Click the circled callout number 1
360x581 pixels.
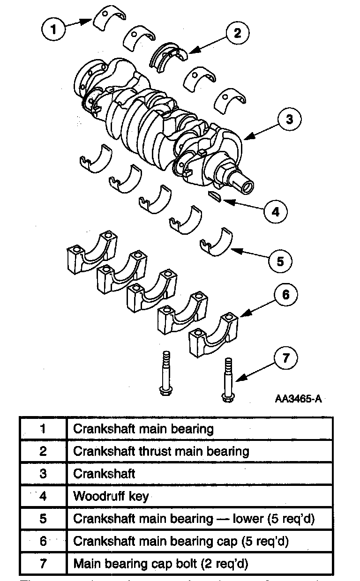[54, 30]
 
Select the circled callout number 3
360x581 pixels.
[289, 119]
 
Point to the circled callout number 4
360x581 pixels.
[275, 212]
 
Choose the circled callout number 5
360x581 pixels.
[280, 261]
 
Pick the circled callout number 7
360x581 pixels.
[285, 358]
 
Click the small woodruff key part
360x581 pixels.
[215, 195]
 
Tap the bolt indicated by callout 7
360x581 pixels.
[227, 380]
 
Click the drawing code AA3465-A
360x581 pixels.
[298, 399]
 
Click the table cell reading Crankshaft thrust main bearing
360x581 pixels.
[161, 451]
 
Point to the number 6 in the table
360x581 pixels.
[43, 541]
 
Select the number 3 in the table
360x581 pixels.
[43, 474]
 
